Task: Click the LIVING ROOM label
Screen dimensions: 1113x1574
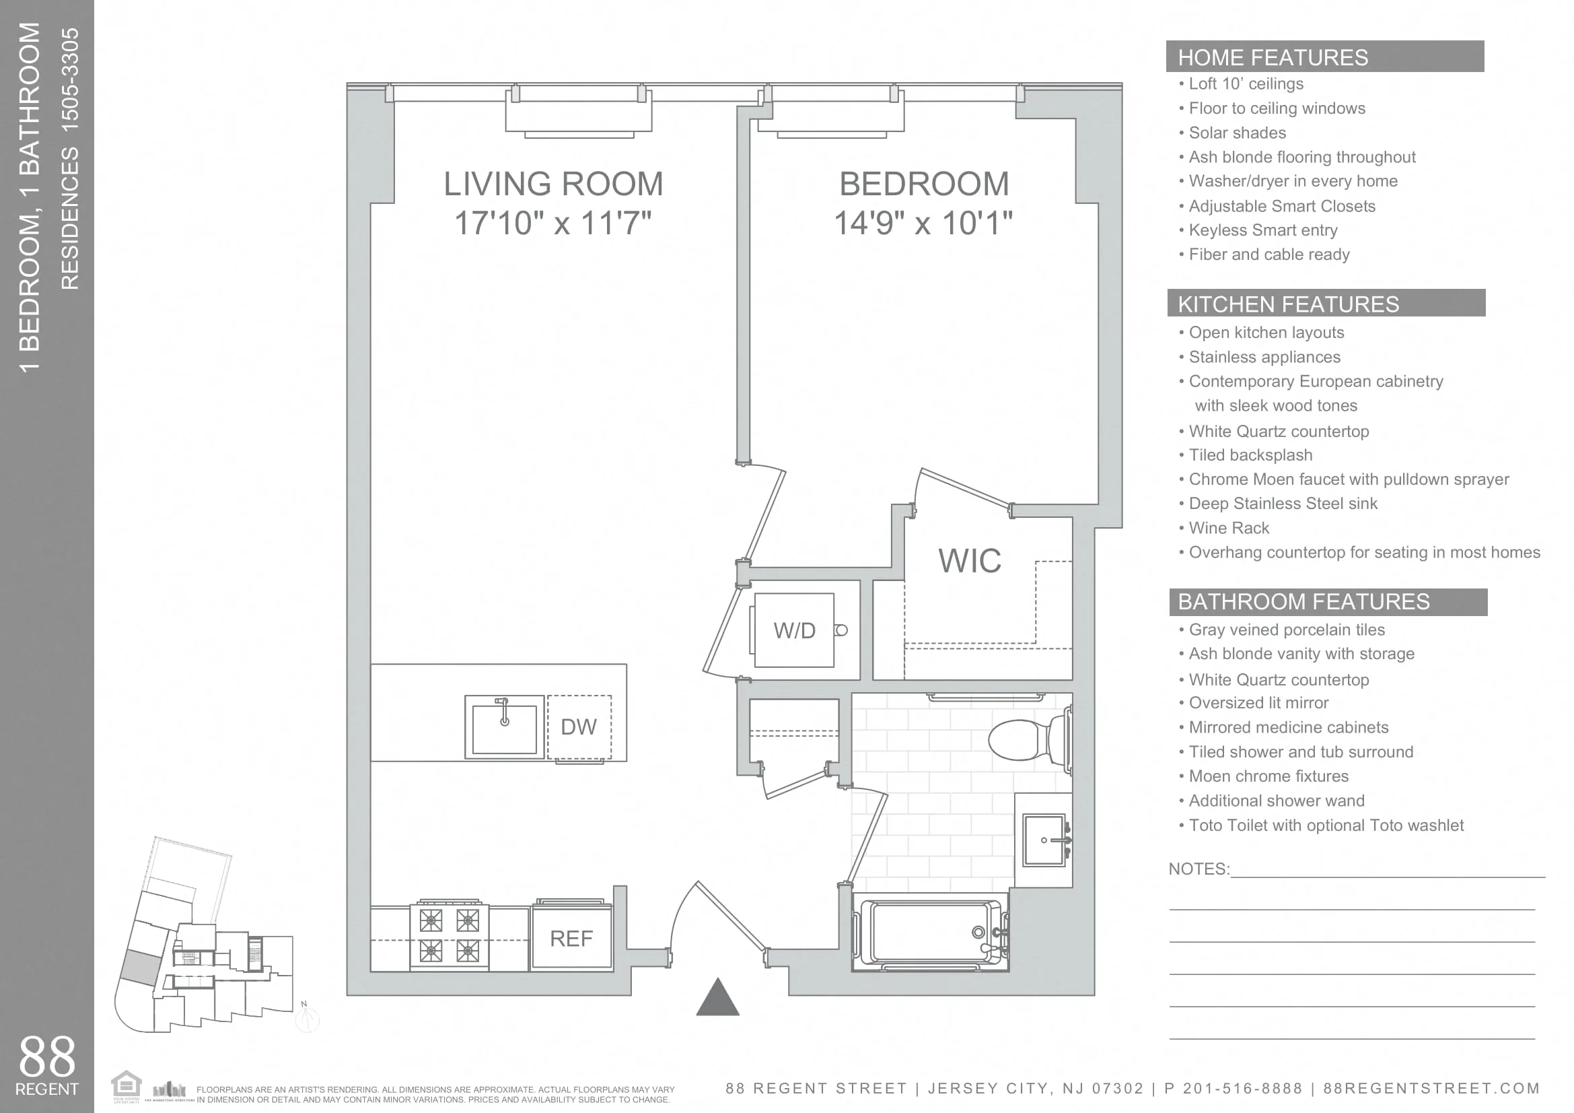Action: [553, 184]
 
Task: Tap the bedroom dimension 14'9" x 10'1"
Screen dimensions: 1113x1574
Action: [923, 224]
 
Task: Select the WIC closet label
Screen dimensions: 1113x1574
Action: [969, 561]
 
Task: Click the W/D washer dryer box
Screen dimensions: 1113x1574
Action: [794, 630]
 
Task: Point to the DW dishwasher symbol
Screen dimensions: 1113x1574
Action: [579, 727]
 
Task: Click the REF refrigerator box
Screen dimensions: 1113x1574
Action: [571, 938]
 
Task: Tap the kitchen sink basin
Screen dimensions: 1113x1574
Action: [504, 729]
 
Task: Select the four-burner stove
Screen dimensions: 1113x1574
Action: [449, 935]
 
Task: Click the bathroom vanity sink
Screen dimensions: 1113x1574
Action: [1044, 840]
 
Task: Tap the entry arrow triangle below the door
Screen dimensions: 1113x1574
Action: [717, 999]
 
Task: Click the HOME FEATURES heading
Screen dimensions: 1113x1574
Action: [1273, 58]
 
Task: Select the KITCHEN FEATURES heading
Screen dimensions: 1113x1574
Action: [1287, 304]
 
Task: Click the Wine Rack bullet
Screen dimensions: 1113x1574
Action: [1229, 528]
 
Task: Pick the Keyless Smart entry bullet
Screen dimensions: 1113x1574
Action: [1262, 230]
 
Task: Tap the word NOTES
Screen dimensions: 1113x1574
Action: [1198, 869]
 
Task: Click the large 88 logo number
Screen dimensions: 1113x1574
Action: [46, 1056]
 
